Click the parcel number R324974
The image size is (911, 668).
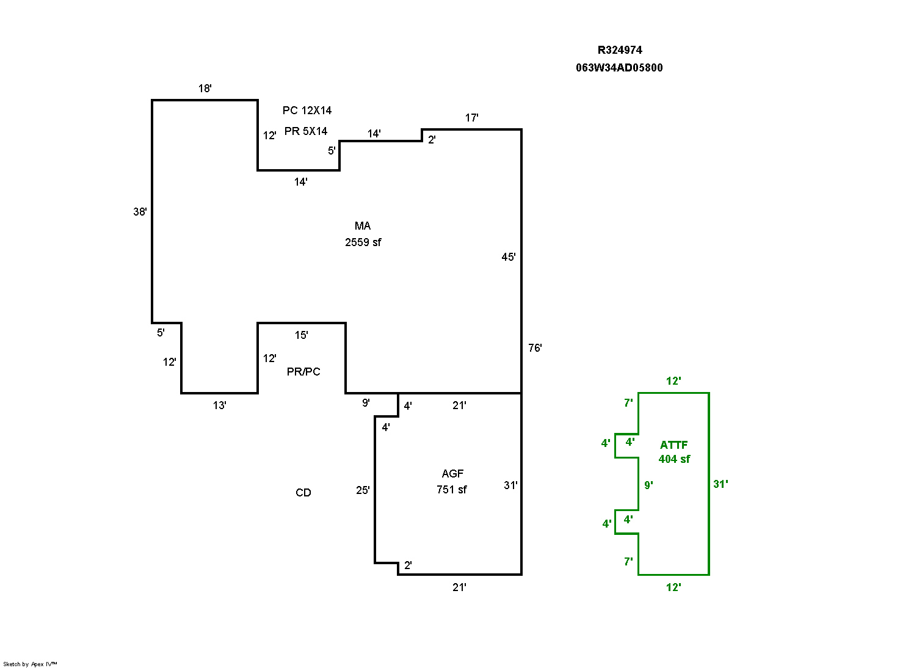619,50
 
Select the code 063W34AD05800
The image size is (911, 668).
619,68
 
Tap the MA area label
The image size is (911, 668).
363,226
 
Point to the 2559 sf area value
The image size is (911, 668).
363,242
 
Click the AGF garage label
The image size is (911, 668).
452,474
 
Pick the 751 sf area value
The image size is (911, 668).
452,490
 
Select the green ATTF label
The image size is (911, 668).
673,445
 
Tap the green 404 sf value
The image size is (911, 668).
674,459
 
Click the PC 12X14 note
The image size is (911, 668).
307,111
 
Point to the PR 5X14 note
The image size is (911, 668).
305,131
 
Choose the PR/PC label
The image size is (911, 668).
303,372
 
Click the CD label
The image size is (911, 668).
303,493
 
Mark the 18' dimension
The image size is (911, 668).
205,89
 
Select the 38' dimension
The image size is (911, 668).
140,212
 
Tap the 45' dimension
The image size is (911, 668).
509,257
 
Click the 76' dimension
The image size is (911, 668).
535,348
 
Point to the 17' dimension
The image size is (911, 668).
472,118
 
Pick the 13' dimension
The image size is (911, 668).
220,405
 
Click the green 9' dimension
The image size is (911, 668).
648,485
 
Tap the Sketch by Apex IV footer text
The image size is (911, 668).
30,664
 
